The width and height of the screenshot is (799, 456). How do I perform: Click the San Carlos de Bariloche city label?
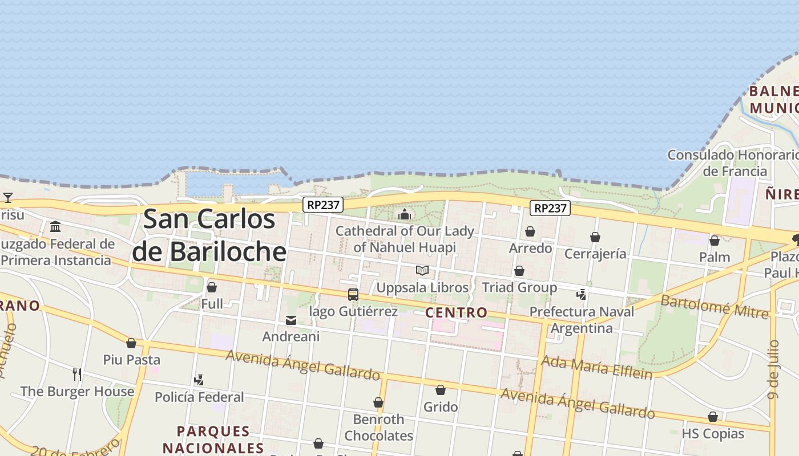pyautogui.click(x=209, y=235)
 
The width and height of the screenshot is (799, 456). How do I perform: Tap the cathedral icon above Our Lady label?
pyautogui.click(x=405, y=214)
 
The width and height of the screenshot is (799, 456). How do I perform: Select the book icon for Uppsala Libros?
pyautogui.click(x=422, y=271)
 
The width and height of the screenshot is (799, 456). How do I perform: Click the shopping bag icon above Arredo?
pyautogui.click(x=530, y=231)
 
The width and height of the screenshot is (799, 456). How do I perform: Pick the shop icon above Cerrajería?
pyautogui.click(x=595, y=237)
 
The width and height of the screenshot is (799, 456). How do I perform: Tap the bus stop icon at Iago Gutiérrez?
pyautogui.click(x=353, y=295)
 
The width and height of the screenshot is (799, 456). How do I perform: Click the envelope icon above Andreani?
pyautogui.click(x=291, y=320)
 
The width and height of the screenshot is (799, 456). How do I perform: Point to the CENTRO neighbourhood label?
pyautogui.click(x=457, y=312)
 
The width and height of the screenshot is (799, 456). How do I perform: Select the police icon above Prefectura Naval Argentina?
pyautogui.click(x=582, y=295)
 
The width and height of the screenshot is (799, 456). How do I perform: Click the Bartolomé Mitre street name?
pyautogui.click(x=715, y=307)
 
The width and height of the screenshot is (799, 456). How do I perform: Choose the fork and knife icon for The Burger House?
pyautogui.click(x=77, y=374)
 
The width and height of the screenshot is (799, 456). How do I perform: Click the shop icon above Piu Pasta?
pyautogui.click(x=131, y=343)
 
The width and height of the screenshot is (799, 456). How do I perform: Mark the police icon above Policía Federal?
pyautogui.click(x=199, y=380)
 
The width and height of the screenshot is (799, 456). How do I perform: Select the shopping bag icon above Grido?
pyautogui.click(x=441, y=390)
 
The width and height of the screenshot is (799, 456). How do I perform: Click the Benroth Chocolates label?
pyautogui.click(x=379, y=427)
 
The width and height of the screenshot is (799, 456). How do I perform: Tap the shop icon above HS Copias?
pyautogui.click(x=713, y=417)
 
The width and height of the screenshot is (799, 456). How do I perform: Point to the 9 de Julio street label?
pyautogui.click(x=773, y=370)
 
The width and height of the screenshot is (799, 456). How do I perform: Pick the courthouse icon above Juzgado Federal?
pyautogui.click(x=55, y=227)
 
